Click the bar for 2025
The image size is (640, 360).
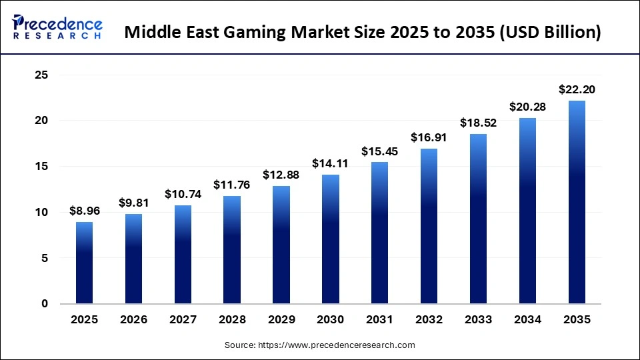coord(84,263)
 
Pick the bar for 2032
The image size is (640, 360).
coord(429,226)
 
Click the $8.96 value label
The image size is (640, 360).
coord(84,211)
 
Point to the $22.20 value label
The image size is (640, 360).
coord(577,89)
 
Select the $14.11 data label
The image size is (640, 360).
coord(331,164)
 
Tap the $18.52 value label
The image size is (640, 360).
coord(478,123)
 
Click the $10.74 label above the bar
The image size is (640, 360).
coord(183,194)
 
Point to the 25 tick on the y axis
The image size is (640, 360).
coord(41,75)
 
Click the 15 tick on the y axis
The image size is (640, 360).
coord(41,167)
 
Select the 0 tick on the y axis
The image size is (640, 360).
coord(45,304)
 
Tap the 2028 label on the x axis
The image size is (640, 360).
coord(232,320)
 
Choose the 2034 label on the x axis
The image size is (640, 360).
coord(527,320)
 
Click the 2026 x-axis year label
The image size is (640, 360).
coord(133,320)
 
